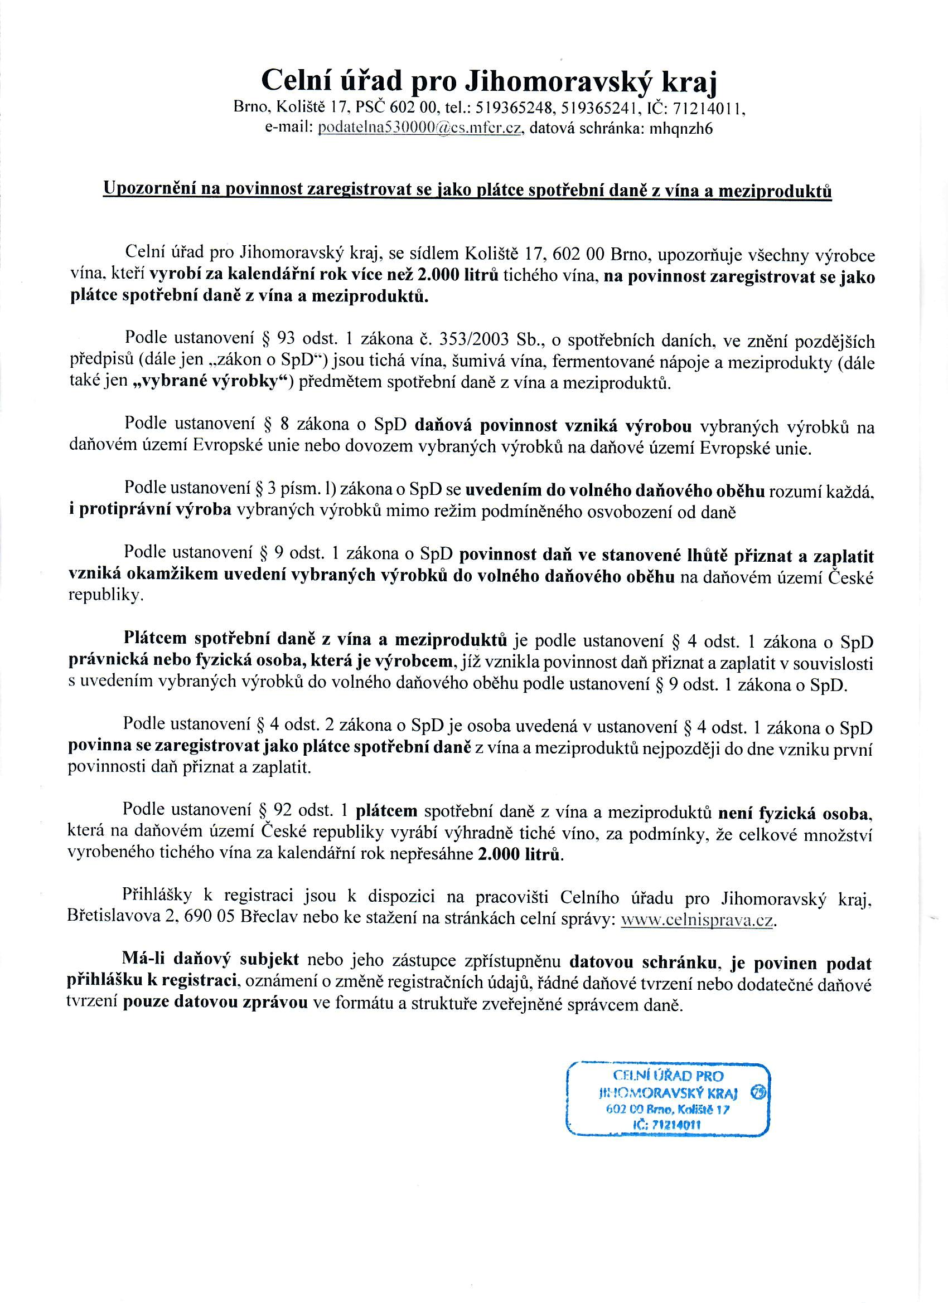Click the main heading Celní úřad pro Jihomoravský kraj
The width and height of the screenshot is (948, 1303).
point(489,81)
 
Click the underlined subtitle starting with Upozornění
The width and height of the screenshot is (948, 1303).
point(467,190)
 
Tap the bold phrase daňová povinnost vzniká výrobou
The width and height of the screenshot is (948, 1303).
point(558,425)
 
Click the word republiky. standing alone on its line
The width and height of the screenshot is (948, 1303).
point(104,596)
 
